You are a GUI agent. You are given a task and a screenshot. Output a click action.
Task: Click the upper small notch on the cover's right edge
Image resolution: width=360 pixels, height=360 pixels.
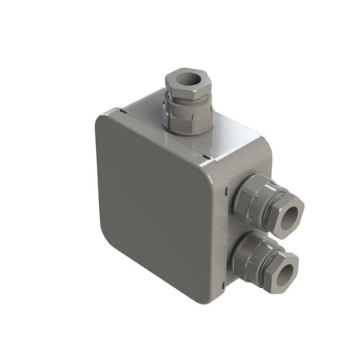coord(225,190)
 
